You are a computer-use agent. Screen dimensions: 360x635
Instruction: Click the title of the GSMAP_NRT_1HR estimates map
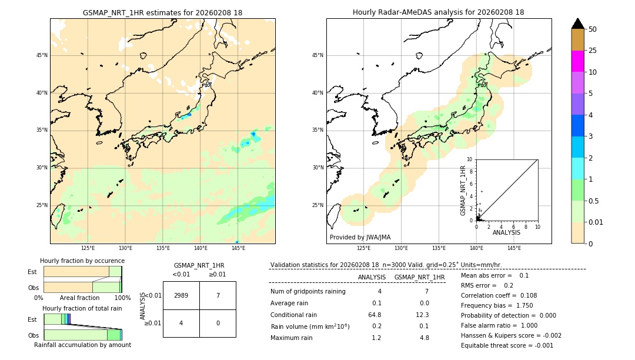(x=162, y=12)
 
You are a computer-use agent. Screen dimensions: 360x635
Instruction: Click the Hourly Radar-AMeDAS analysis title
(x=439, y=12)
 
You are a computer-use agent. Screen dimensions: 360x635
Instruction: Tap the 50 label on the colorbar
(x=593, y=29)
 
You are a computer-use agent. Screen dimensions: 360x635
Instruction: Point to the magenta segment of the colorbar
(x=577, y=61)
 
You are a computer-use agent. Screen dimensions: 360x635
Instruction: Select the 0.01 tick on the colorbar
(x=596, y=222)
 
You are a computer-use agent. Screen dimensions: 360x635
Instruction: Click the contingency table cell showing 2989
(x=181, y=295)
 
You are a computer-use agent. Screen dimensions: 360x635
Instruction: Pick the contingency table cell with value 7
(x=218, y=295)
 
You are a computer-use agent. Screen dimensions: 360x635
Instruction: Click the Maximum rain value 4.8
(x=424, y=338)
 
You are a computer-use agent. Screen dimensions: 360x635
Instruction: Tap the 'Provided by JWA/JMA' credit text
(x=360, y=238)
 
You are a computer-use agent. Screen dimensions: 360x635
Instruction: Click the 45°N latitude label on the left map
(x=42, y=55)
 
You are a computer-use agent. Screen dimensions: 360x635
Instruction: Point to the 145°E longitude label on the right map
(x=514, y=248)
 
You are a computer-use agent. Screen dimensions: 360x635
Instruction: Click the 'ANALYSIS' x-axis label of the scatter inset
(x=506, y=232)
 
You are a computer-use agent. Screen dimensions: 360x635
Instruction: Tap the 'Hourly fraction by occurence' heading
(x=82, y=261)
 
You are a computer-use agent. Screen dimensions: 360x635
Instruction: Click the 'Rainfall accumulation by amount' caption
(x=82, y=345)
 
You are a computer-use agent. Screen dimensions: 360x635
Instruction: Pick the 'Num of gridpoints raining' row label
(x=308, y=292)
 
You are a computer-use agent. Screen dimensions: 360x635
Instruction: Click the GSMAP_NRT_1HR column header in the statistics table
(x=419, y=277)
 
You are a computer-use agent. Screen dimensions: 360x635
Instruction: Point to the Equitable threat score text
(x=507, y=345)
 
